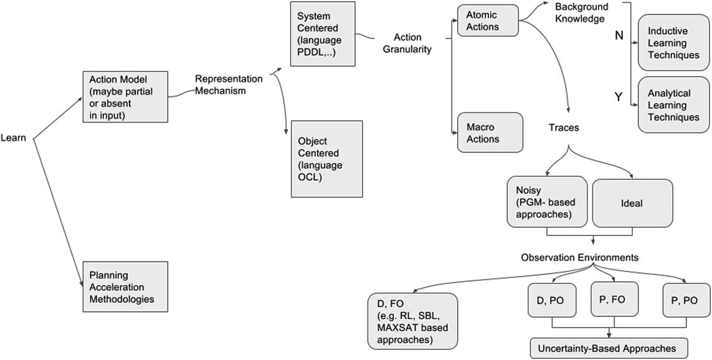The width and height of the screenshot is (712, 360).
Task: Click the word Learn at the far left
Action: tap(13, 138)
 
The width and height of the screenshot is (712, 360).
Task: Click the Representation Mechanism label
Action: tap(221, 85)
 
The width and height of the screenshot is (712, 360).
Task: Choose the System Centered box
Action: tap(323, 34)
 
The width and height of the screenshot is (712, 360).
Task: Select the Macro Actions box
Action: tap(489, 133)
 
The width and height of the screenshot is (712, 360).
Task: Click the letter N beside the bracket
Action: tap(619, 36)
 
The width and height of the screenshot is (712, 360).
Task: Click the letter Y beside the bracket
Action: tap(619, 97)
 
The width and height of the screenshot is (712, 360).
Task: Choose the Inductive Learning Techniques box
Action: tap(673, 44)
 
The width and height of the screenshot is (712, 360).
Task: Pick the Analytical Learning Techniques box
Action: tap(673, 105)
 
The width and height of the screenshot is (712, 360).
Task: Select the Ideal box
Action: tap(632, 203)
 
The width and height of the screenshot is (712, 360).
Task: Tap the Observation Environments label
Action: tap(580, 257)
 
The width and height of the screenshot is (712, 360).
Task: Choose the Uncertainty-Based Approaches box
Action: tap(602, 347)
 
